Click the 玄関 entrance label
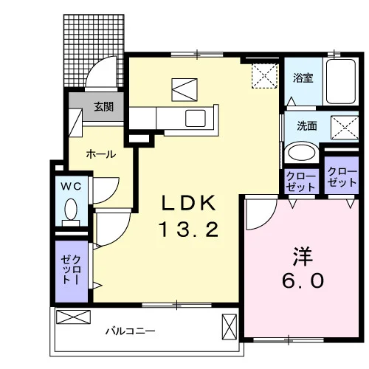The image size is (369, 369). [x=103, y=107]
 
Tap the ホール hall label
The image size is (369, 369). [x=101, y=154]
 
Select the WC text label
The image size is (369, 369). [x=71, y=187]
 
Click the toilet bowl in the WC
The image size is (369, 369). [x=71, y=210]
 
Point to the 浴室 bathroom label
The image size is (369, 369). [x=303, y=78]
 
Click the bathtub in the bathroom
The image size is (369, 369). [x=341, y=81]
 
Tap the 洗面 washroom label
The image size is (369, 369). [x=307, y=126]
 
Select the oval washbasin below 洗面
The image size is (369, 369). [x=302, y=153]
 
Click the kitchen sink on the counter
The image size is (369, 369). [x=196, y=118]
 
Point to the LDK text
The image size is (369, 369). [x=189, y=203]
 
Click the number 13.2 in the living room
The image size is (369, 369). [x=189, y=230]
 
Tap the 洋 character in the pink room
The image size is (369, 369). [x=303, y=256]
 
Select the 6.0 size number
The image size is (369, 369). [x=303, y=281]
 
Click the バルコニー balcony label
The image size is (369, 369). [x=131, y=331]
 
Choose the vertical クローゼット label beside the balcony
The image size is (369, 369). [x=72, y=269]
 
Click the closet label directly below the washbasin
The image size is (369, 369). [x=300, y=182]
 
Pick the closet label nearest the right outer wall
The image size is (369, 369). [x=342, y=176]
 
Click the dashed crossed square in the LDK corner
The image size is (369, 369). [x=265, y=76]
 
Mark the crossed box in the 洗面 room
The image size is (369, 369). [x=345, y=128]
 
